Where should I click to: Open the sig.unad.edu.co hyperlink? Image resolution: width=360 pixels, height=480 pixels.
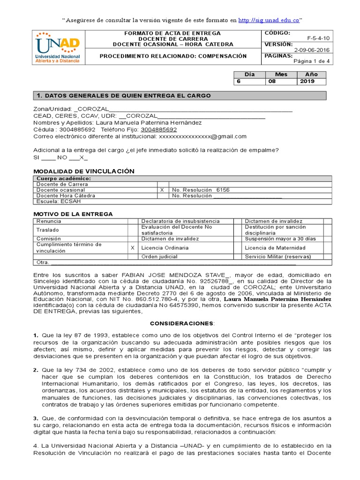click(269, 20)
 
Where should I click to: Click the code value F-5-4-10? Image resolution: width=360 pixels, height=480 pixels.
click(318, 39)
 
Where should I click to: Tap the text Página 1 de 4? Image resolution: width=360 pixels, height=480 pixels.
click(311, 61)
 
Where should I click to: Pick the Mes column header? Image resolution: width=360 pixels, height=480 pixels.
click(281, 74)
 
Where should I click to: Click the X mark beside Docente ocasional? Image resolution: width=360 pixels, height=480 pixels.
click(162, 190)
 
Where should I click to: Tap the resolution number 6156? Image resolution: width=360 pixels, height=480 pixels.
click(223, 190)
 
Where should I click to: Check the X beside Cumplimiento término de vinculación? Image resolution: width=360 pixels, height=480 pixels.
click(132, 247)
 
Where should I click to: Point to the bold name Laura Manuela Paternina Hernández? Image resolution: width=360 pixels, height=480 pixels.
click(277, 299)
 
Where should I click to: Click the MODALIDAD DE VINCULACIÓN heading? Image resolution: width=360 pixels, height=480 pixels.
click(84, 171)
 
